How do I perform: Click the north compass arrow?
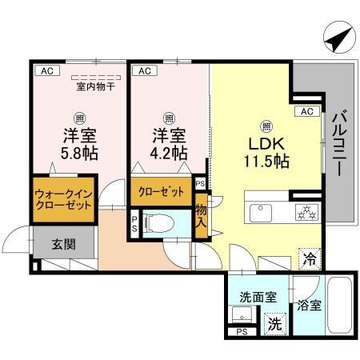338,37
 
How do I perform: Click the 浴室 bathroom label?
309,305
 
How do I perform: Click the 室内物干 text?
95,86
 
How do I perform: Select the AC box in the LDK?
306,111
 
